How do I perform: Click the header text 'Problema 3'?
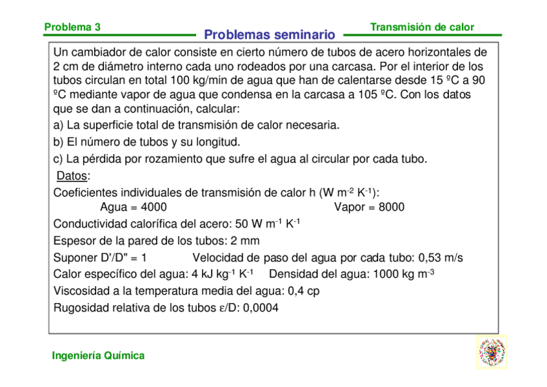pyautogui.click(x=72, y=27)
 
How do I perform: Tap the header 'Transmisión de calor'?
pyautogui.click(x=422, y=27)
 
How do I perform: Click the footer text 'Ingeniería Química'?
pyautogui.click(x=98, y=355)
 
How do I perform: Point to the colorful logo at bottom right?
pyautogui.click(x=492, y=352)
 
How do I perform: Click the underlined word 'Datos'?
pyautogui.click(x=72, y=176)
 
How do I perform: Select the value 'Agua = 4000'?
pyautogui.click(x=134, y=207)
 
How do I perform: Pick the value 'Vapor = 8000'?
pyautogui.click(x=369, y=207)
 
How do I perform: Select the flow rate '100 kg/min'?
pyautogui.click(x=201, y=81)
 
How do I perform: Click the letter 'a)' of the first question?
pyautogui.click(x=58, y=125)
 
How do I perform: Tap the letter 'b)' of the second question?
pyautogui.click(x=58, y=141)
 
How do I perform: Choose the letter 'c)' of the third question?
pyautogui.click(x=58, y=158)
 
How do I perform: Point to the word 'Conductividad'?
pyautogui.click(x=90, y=224)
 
